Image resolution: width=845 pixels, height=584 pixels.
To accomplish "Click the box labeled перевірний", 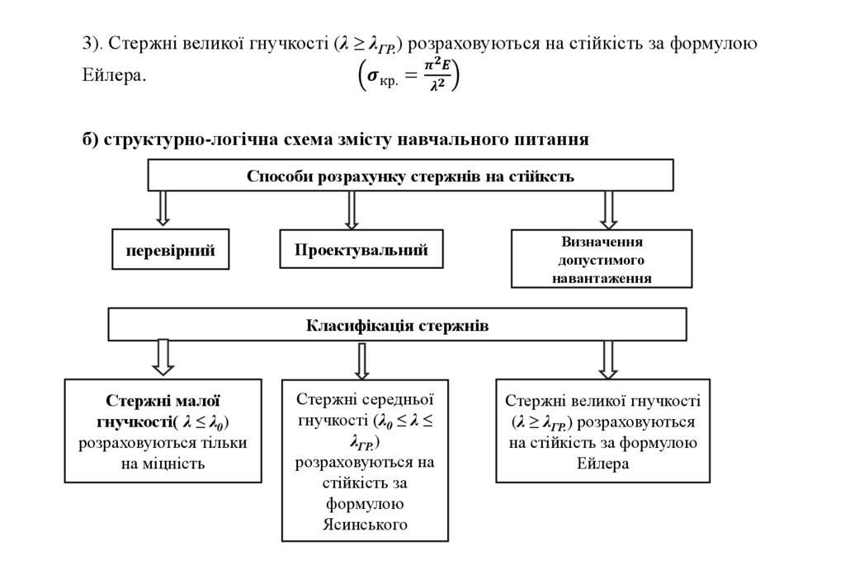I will (170, 250).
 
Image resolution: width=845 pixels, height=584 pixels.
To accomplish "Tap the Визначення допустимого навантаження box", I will (602, 260).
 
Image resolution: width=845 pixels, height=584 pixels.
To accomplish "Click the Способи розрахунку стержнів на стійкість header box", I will (410, 176).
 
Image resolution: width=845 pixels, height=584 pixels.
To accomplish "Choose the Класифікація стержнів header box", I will (398, 325).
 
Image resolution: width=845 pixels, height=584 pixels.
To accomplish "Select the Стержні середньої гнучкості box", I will (366, 460).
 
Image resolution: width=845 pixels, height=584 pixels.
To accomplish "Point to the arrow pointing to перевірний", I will (163, 208).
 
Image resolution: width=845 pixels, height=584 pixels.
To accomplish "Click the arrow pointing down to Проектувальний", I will (352, 210).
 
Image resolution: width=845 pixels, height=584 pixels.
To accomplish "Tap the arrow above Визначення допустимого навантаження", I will (608, 210).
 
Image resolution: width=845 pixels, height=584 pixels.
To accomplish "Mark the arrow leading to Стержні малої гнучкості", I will (163, 357).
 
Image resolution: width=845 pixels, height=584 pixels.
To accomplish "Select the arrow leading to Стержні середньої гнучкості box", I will (361, 360).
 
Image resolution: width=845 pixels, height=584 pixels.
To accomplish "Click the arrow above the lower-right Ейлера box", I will (608, 359).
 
